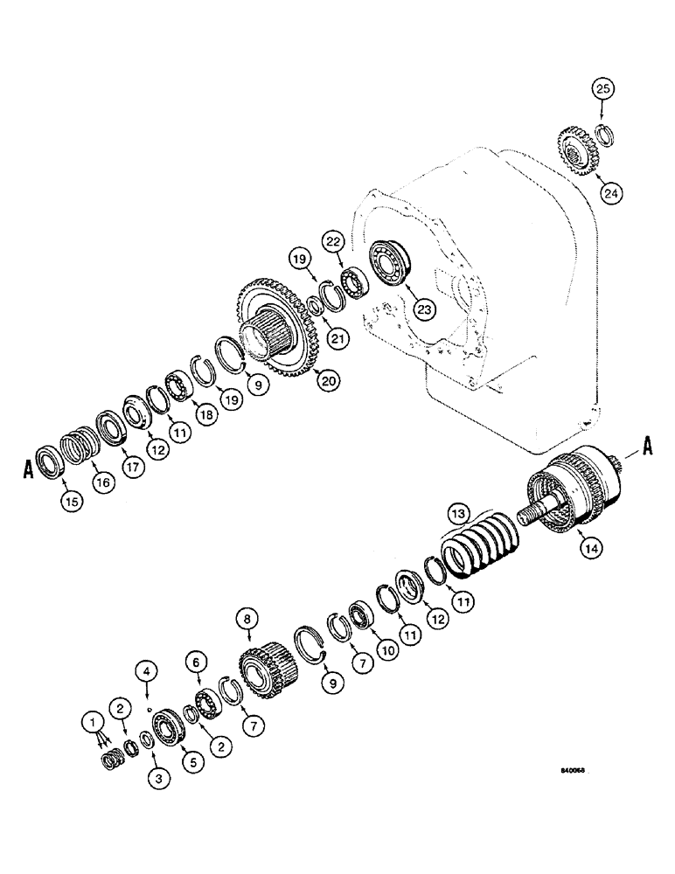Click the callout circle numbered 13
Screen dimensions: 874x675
(x=459, y=512)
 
